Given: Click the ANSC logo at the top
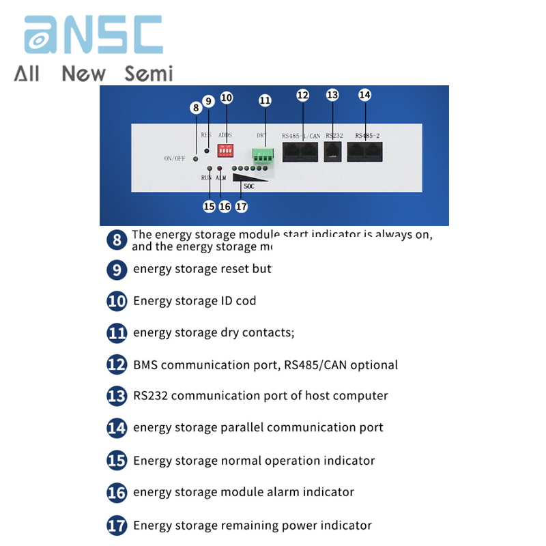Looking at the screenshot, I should pos(94,35).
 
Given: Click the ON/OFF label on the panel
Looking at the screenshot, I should pos(175,158).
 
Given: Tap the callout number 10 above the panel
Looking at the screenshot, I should pos(226,98).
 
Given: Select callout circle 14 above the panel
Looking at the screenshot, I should pos(364,96).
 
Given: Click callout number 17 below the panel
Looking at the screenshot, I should pos(241,205).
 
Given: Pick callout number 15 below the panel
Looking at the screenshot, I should pos(209,205).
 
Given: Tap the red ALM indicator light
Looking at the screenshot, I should pos(220,168).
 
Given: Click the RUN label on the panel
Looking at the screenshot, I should pos(206,177).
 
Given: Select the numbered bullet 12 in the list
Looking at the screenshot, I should pos(117,364).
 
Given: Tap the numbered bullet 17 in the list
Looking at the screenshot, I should pos(117,526).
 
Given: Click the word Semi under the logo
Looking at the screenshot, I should pos(149,73).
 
